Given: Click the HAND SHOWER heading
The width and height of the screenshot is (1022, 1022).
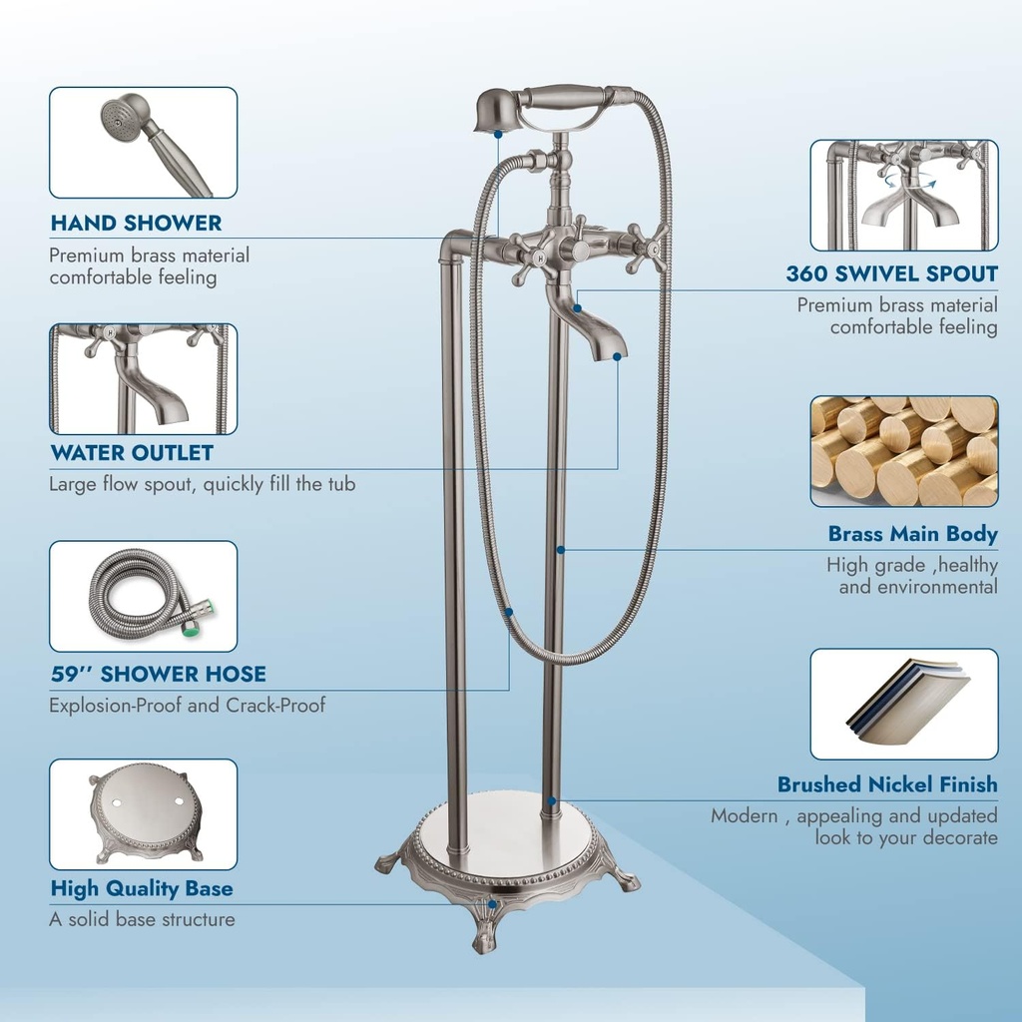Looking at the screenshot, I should click(x=136, y=223).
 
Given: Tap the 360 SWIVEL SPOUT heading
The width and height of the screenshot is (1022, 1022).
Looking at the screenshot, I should click(x=891, y=273).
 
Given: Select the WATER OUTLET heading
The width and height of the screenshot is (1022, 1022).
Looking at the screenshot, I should click(x=132, y=453).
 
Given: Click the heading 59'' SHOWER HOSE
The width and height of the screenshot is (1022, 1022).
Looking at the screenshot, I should click(x=158, y=674).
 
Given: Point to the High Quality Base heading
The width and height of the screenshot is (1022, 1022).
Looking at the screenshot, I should click(x=142, y=888).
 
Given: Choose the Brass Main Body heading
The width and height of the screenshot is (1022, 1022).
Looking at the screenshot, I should click(x=912, y=534).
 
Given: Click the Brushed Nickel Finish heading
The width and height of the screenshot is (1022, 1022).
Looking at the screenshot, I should click(x=887, y=784).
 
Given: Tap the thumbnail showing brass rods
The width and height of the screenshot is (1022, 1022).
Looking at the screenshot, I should click(x=903, y=451).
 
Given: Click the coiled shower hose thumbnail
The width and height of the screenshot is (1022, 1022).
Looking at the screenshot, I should click(x=143, y=596).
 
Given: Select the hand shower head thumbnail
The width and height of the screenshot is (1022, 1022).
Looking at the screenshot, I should click(x=143, y=142).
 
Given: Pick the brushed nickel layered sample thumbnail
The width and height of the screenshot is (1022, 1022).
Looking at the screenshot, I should click(x=903, y=704).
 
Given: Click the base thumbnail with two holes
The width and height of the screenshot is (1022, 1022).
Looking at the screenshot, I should click(x=143, y=813).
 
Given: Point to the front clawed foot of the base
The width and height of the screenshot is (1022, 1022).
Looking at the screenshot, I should click(x=486, y=923).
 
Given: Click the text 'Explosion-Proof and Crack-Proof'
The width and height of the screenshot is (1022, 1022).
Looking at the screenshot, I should click(x=188, y=706).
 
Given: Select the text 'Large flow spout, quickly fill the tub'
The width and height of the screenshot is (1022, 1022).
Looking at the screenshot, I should click(x=202, y=485).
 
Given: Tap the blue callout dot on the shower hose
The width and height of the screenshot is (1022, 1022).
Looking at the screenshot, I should click(x=509, y=611).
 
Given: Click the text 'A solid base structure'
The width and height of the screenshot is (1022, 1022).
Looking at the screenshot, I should click(x=142, y=919).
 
